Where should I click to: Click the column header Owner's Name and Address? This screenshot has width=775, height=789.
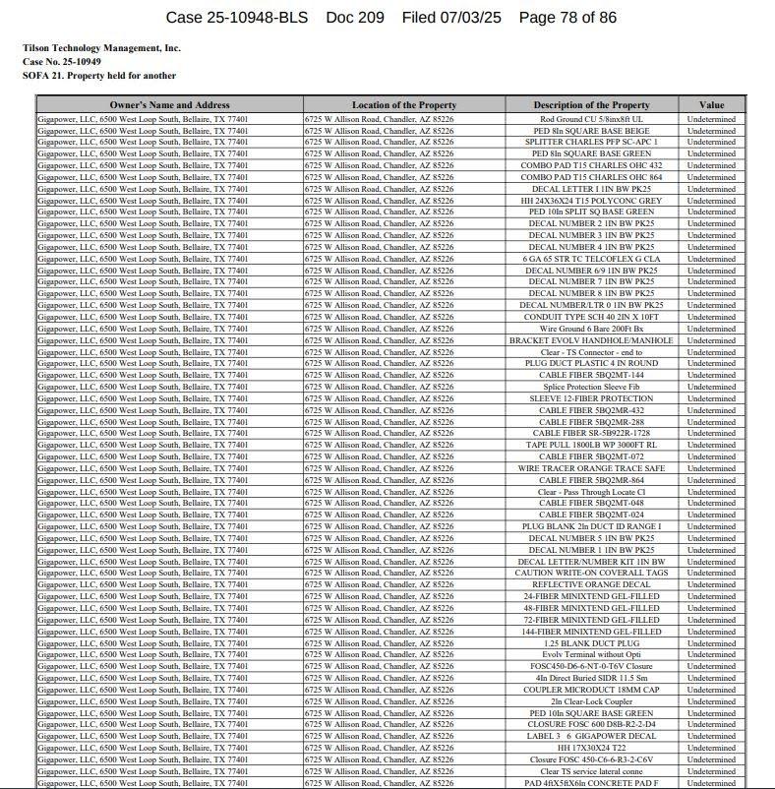click(169, 105)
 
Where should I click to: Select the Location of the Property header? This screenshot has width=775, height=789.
click(404, 105)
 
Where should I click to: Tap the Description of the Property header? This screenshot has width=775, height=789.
click(591, 105)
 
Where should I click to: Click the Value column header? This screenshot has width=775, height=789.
click(711, 105)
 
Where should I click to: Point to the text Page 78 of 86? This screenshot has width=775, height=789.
click(567, 18)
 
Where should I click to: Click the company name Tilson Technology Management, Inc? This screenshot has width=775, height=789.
click(101, 47)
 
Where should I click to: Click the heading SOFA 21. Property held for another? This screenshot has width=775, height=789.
click(99, 75)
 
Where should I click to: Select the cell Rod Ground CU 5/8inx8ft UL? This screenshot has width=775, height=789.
click(591, 119)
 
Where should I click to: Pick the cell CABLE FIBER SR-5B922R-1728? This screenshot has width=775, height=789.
click(591, 434)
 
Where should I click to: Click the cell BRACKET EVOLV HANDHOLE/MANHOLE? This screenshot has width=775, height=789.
click(591, 340)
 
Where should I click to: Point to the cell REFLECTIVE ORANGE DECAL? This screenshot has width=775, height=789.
click(591, 584)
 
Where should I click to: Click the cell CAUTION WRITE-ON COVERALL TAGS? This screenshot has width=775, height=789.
click(591, 573)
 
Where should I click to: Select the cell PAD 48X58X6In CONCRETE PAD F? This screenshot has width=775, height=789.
click(591, 783)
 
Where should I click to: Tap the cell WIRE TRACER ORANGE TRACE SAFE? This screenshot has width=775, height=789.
click(591, 468)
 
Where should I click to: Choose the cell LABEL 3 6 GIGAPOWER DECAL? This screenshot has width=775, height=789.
click(591, 736)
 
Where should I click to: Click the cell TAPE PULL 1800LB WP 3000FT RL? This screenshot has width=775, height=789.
click(591, 445)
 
